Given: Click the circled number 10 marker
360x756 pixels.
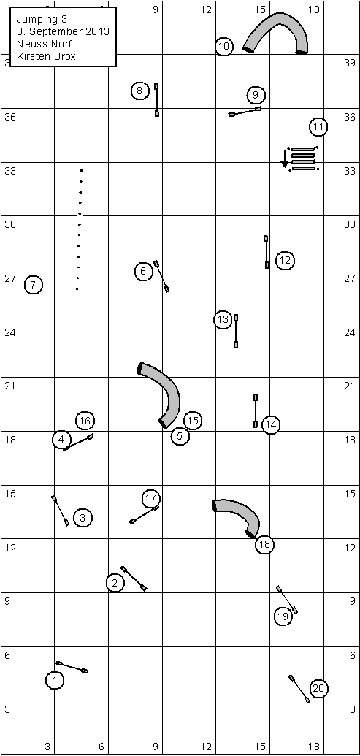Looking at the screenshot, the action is coord(223,46).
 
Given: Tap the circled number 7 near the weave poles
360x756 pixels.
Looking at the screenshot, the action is coord(33,284).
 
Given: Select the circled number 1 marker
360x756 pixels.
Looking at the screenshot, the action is coord(55,680).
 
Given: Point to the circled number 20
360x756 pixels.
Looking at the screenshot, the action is coord(318,689).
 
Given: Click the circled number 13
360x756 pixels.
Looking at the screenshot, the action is coord(223,319).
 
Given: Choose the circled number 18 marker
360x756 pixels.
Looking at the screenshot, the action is coord(264,545).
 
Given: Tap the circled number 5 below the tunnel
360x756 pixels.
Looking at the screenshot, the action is coord(180,436).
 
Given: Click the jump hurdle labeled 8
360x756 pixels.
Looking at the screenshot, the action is coord(156,100).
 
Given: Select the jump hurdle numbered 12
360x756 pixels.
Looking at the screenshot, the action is coord(267,252).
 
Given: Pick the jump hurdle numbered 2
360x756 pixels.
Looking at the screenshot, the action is coord(134,578).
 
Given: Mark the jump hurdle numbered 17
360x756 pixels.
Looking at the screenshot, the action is coord(145,515).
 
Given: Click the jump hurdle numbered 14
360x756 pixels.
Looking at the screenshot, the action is coord(256,411).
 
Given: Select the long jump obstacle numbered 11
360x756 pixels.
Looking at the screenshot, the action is coord(302,159).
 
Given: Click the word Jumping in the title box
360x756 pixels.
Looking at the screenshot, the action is coord(35,19).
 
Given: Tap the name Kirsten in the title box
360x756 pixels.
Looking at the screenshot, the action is coord(30,56).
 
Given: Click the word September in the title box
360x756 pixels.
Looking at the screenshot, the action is coord(65,32).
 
